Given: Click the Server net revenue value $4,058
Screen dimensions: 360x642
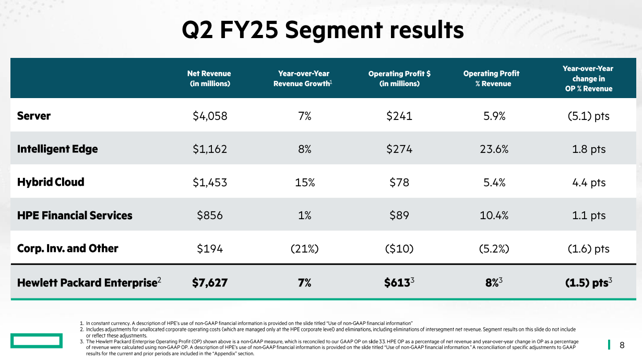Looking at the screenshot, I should coord(210,116).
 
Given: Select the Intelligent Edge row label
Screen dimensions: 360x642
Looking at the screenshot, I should coord(57,149).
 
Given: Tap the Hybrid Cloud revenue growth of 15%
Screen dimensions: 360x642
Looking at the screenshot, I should coord(302,182).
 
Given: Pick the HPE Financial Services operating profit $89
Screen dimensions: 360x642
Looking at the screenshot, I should coord(399,215).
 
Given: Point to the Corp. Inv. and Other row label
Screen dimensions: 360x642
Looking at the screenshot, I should coord(68,248).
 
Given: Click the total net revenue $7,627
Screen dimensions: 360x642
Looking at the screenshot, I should coord(210,283).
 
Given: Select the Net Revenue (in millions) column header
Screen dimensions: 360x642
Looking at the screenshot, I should coord(209,78).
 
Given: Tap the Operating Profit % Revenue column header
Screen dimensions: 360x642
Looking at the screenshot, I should coord(491,78).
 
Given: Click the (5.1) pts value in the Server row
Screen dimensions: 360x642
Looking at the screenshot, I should coord(588,116).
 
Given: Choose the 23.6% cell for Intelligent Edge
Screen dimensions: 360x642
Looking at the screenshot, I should coord(494,149).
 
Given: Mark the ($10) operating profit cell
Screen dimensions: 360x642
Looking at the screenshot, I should coord(399,249).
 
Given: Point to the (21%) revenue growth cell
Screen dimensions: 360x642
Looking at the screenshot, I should coord(302,249).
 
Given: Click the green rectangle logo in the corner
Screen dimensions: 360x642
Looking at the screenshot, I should coord(34,342).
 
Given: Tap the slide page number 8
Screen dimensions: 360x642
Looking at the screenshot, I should coord(622,344).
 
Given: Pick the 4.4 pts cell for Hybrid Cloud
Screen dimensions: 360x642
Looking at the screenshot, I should coord(588,182).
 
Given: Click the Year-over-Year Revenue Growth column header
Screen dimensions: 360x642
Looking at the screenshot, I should coord(302,78).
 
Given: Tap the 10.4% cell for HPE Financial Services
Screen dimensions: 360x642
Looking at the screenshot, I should coord(494,215).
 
